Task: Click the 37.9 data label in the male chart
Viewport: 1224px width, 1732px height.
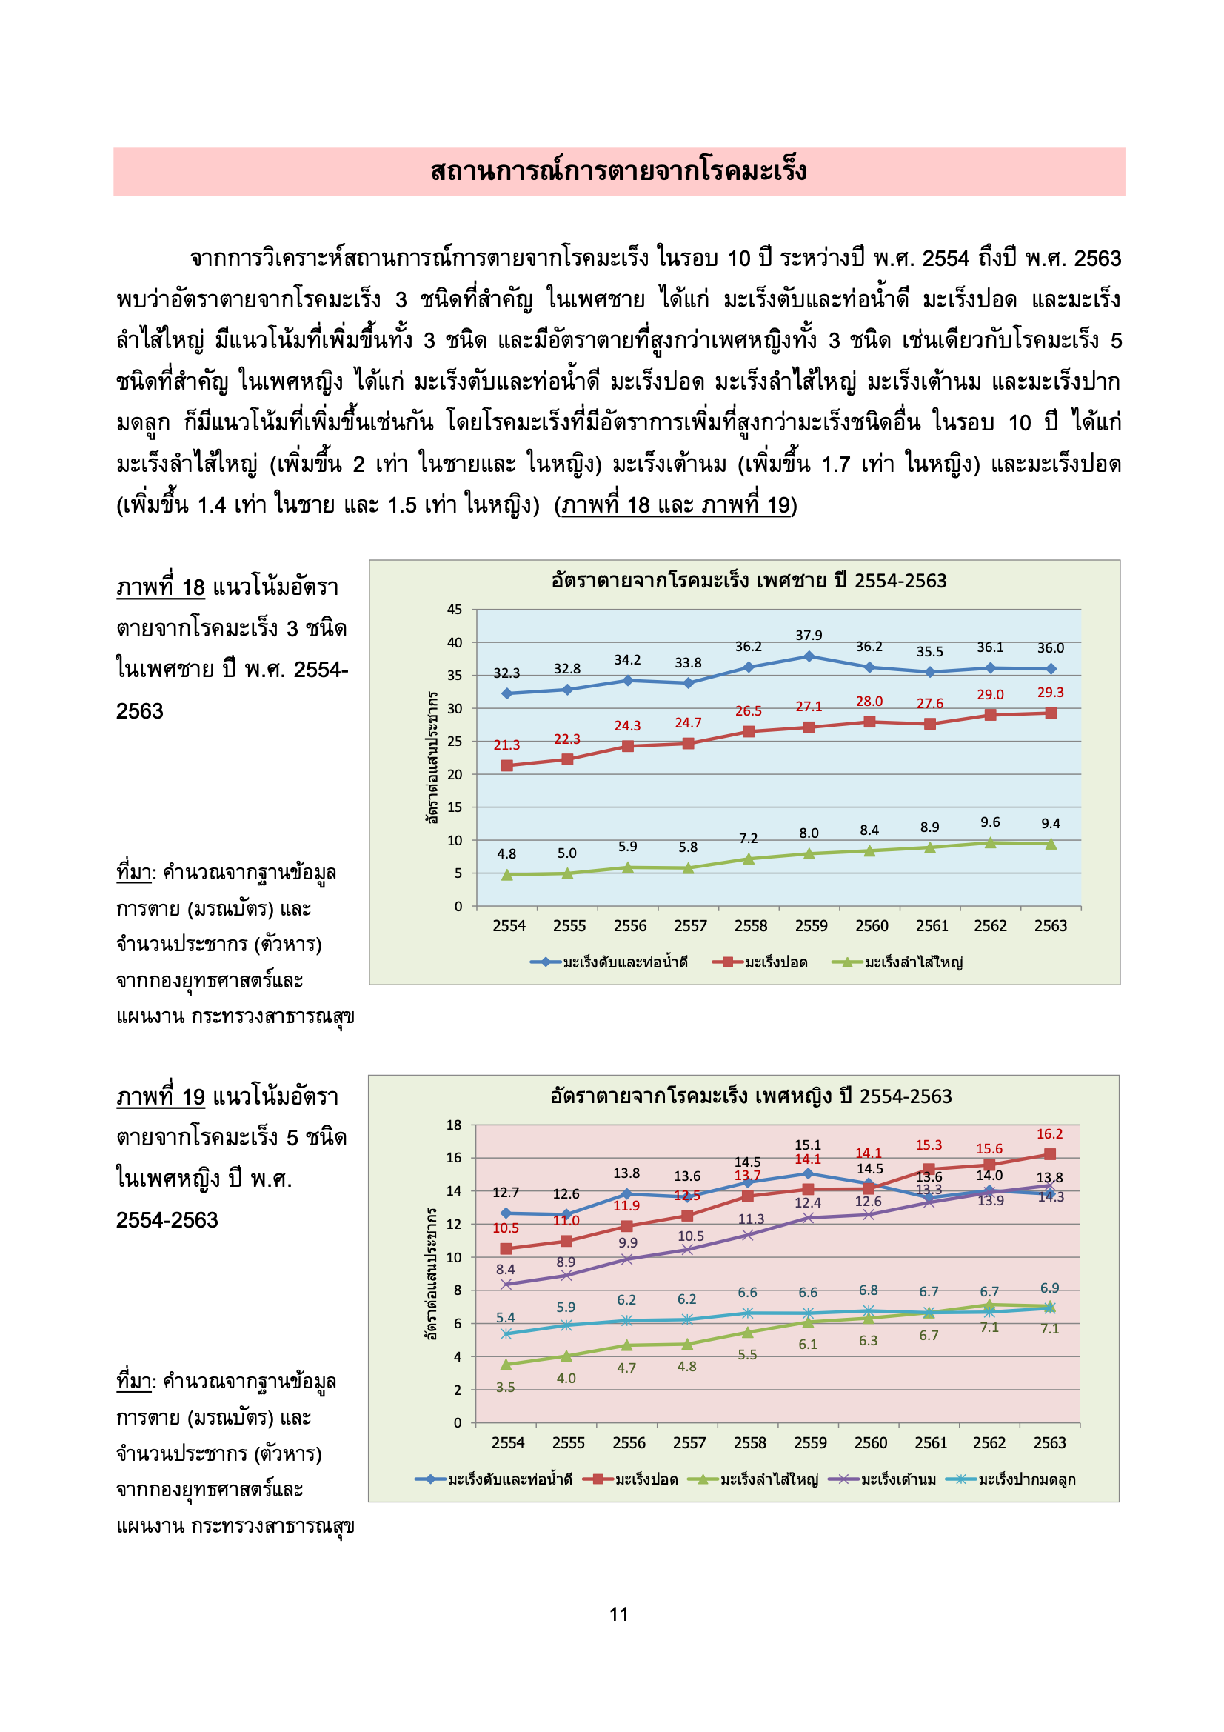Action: click(809, 635)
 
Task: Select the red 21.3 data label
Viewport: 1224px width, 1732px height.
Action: click(506, 745)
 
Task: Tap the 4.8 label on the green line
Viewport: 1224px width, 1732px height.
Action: click(506, 853)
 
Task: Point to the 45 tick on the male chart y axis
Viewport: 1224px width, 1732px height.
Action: click(454, 610)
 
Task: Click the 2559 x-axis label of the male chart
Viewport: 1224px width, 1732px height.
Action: click(811, 925)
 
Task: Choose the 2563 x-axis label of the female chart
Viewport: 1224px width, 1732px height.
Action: click(1049, 1442)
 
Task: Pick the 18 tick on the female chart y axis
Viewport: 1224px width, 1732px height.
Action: click(453, 1125)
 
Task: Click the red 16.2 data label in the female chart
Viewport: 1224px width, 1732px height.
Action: click(1049, 1133)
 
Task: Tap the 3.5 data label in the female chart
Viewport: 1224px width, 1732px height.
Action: click(505, 1388)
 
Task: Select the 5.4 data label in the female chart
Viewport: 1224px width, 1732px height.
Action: click(505, 1317)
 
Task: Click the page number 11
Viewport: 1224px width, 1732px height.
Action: click(618, 1613)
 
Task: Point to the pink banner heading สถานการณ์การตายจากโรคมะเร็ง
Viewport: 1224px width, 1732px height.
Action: click(618, 171)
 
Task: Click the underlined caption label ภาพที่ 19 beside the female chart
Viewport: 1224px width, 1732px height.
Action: click(161, 1096)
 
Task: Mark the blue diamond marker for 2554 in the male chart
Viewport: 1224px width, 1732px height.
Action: click(506, 693)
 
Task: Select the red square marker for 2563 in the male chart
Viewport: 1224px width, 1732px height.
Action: click(1051, 713)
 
